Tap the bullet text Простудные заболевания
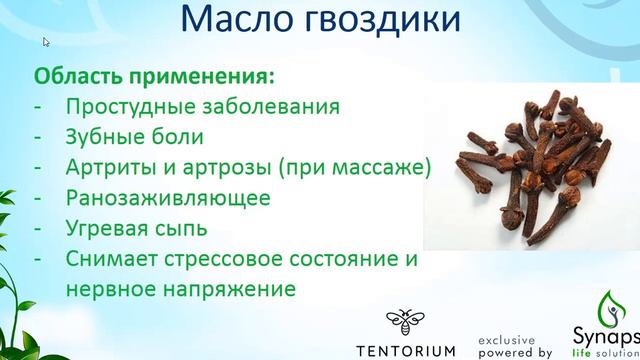tap(203, 107)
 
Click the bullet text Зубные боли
tap(135, 137)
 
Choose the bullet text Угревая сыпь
tap(138, 228)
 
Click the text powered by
tap(514, 352)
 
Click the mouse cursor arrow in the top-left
tap(46, 42)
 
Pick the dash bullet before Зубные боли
tap(40, 137)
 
